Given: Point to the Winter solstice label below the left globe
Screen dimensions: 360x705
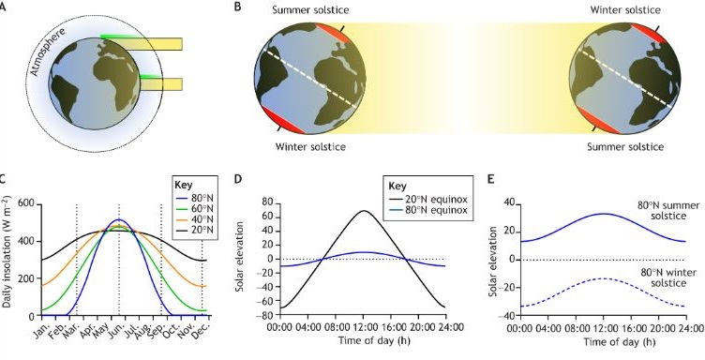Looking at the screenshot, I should pyautogui.click(x=310, y=146).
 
